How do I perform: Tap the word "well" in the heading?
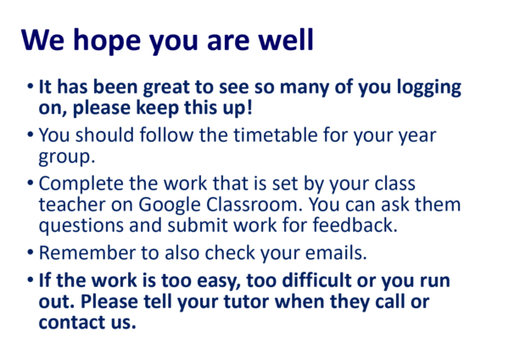tap(286, 39)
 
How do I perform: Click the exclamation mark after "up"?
tap(249, 107)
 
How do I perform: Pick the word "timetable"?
tap(259, 134)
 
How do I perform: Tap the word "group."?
tap(66, 157)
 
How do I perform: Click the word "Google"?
tap(170, 205)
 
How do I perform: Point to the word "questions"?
tap(81, 226)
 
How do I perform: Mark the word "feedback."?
tap(355, 224)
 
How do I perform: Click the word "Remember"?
tap(87, 252)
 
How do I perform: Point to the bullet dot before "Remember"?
tap(31, 252)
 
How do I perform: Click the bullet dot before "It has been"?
tap(31, 87)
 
